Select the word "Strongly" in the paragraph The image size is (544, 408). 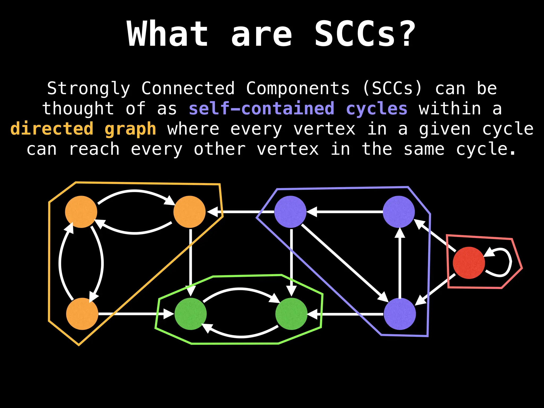point(88,88)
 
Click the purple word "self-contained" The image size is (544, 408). point(261,109)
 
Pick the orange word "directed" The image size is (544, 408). point(52,129)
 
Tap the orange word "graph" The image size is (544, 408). point(130,129)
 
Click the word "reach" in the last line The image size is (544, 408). point(94,149)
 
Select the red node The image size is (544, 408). point(469,263)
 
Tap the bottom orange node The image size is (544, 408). point(82,314)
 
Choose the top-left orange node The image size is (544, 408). point(81,212)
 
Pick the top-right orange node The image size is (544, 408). point(189,212)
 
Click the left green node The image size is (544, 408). point(190,314)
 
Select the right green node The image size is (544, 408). point(291,314)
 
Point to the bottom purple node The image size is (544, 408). point(400,314)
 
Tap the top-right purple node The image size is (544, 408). point(399,212)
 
